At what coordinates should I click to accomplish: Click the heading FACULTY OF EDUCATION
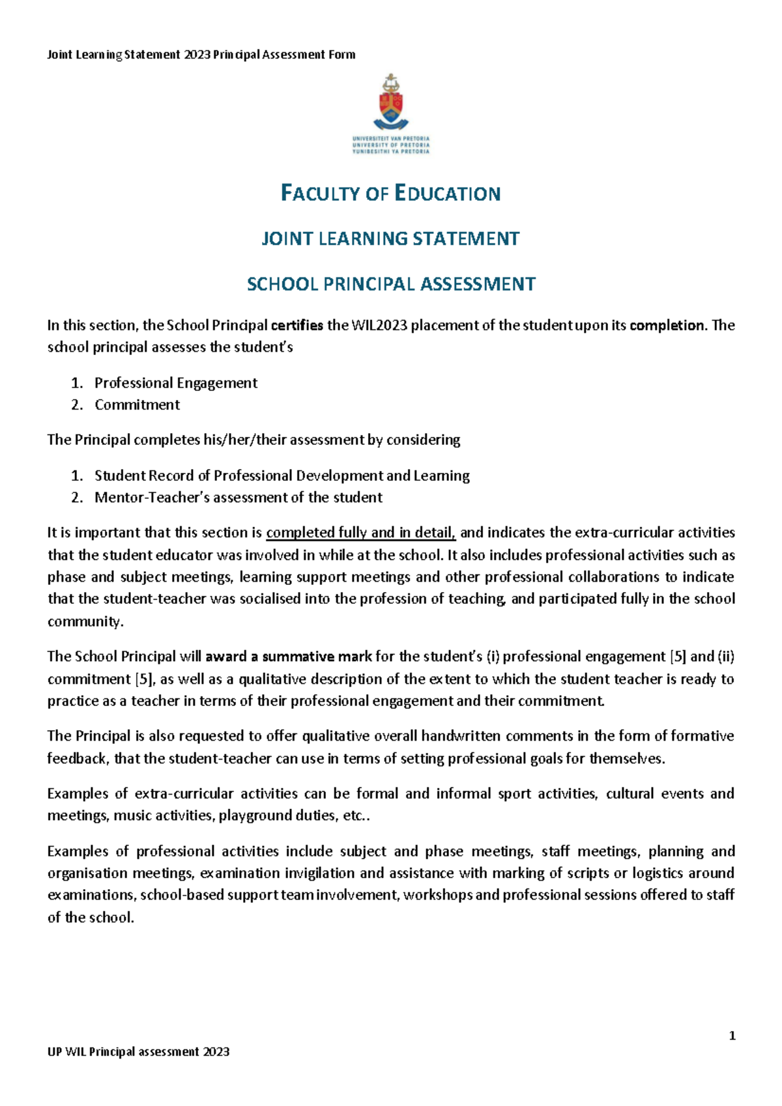390,193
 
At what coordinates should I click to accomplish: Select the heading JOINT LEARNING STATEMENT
390,239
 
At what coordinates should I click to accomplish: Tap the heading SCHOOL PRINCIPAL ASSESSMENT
390,285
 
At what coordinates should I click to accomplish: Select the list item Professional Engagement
176,383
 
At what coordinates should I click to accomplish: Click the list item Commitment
137,404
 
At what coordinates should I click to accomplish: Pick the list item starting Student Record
282,475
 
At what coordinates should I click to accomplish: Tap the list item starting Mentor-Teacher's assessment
238,498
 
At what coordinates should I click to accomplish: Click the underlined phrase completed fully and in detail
360,533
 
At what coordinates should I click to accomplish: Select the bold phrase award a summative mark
288,657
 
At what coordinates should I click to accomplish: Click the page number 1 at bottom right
732,1036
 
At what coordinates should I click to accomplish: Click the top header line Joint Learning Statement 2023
201,55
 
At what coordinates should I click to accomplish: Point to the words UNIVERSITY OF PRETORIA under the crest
391,145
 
